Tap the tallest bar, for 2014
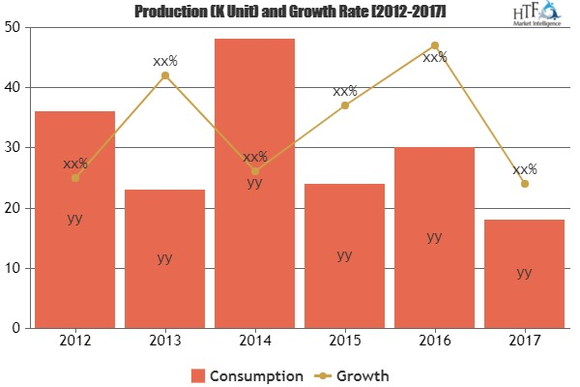coord(254,184)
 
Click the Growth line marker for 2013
coord(164,75)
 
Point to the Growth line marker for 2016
coord(434,45)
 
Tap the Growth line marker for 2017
coord(524,184)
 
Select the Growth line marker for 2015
coord(344,105)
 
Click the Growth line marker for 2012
coord(74,178)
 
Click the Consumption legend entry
coord(248,374)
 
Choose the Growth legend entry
coord(357,374)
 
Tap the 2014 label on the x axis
coord(254,342)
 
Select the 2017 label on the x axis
coord(524,342)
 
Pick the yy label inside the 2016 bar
coord(434,236)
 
